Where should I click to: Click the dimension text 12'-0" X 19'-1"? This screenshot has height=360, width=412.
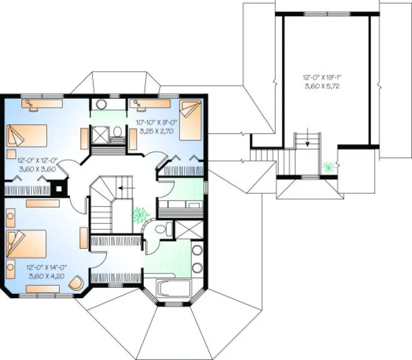tap(325, 78)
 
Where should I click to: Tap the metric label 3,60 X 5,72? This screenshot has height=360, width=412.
tap(325, 86)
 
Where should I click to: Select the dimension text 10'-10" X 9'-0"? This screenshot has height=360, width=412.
tap(155, 123)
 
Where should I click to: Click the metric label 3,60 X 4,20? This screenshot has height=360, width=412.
tap(45, 275)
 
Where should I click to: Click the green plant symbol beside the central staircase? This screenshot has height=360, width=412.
tap(141, 215)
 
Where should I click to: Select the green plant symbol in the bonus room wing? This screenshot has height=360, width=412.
tap(327, 166)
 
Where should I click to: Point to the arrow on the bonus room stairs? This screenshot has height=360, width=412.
tap(308, 142)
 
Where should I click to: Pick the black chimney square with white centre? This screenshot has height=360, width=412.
tap(58, 189)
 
